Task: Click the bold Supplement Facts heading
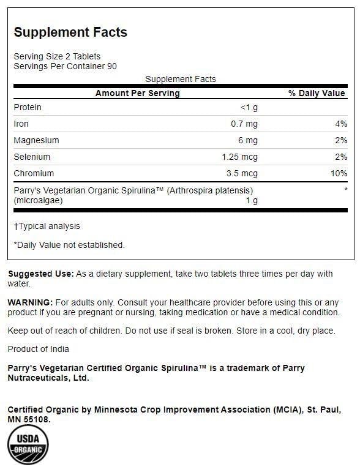(70, 32)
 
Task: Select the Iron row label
(21, 124)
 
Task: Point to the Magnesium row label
(36, 140)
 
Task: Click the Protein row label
(28, 107)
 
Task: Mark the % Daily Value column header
(317, 93)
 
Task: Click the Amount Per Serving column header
(137, 93)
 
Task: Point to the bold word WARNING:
(30, 302)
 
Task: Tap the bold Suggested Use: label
(40, 274)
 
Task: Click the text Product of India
(38, 349)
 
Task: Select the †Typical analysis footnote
(47, 226)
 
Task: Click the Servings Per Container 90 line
(65, 66)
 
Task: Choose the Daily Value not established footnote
(69, 245)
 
